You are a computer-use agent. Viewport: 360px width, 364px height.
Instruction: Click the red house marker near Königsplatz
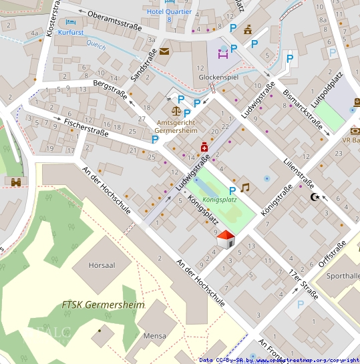click(226, 239)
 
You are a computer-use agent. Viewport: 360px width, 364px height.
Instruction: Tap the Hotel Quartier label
click(169, 12)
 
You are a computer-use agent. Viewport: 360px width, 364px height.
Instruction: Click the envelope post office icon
click(164, 51)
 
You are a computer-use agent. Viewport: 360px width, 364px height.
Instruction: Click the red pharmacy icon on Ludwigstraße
click(204, 147)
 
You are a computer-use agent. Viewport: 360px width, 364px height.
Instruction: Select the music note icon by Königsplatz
click(245, 188)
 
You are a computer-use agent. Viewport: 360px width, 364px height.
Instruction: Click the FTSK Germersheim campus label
click(102, 305)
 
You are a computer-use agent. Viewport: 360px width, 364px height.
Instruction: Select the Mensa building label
click(154, 336)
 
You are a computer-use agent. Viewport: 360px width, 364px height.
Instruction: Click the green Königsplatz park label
click(220, 200)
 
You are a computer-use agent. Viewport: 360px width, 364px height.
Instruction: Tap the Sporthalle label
click(344, 275)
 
